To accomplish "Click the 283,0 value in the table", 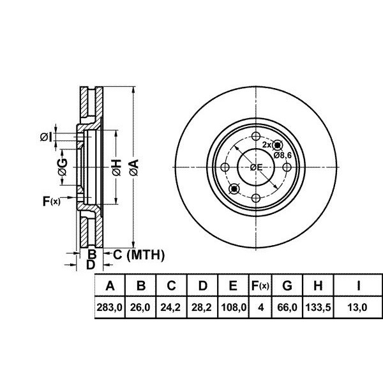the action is click(x=109, y=307).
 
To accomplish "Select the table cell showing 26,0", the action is click(x=140, y=307).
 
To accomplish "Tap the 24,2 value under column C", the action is click(x=170, y=307).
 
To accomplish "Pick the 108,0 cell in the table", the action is click(x=234, y=307).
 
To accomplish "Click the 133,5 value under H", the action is click(x=318, y=307).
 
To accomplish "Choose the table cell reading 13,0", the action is click(x=357, y=307).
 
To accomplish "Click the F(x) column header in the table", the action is click(x=260, y=285).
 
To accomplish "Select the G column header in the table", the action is click(x=287, y=285).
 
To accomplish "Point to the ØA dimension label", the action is click(x=134, y=167).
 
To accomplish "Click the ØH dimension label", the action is click(x=117, y=167).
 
